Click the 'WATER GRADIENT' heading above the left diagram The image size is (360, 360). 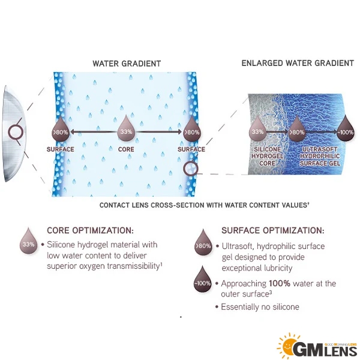tap(127, 64)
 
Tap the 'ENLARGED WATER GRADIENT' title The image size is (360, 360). tap(298, 63)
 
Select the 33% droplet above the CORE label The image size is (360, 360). tap(126, 129)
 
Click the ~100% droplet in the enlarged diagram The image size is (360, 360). tap(346, 130)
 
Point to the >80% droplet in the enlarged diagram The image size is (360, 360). tap(297, 130)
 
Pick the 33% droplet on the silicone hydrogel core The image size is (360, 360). tap(257, 130)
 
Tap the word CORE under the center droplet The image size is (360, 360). tap(126, 149)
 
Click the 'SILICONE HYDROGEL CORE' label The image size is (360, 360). tap(267, 157)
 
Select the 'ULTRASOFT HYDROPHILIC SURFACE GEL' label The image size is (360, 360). tap(320, 157)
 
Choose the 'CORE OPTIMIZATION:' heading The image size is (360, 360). tap(90, 230)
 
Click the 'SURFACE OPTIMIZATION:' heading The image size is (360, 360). tap(273, 230)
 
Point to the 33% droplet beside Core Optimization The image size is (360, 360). tap(28, 242)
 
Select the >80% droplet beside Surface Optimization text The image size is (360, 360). tap(203, 243)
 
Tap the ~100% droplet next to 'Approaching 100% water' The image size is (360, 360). tap(202, 280)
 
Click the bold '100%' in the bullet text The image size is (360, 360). tap(280, 284)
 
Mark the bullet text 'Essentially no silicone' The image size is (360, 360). tap(260, 307)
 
